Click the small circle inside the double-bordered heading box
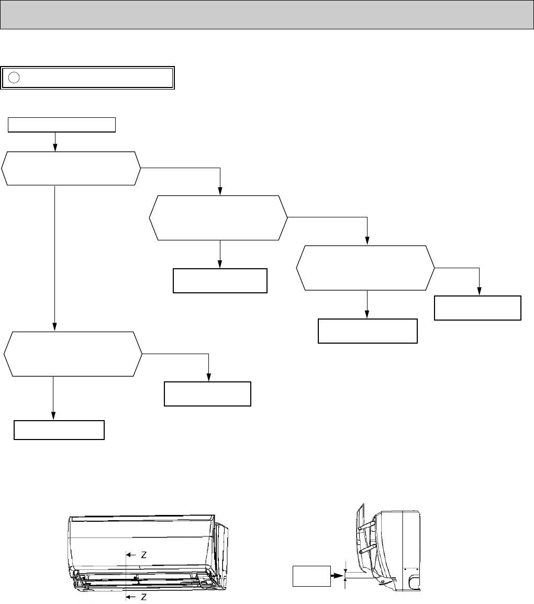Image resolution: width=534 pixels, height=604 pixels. click(x=15, y=78)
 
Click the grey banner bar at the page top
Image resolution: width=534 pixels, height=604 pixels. click(x=267, y=15)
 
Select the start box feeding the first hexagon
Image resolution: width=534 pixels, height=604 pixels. click(x=62, y=125)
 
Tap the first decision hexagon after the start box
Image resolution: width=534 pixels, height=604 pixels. click(x=71, y=168)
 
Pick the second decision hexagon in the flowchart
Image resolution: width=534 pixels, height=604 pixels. click(x=218, y=217)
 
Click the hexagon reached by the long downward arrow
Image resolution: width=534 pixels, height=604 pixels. click(x=72, y=354)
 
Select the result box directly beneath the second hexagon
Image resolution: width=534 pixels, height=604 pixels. click(x=220, y=281)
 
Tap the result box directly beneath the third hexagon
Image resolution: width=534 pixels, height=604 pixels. click(x=368, y=331)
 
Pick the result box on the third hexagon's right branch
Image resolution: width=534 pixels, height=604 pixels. click(x=478, y=308)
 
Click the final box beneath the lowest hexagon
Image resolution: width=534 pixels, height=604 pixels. click(x=59, y=430)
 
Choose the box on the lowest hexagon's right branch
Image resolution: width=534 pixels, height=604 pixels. click(x=207, y=394)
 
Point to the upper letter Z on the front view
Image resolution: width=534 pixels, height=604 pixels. click(x=143, y=555)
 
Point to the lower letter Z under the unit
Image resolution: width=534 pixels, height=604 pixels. click(x=143, y=597)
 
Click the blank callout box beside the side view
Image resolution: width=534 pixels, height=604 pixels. click(x=311, y=576)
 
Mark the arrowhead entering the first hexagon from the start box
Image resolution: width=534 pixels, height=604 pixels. click(x=55, y=148)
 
